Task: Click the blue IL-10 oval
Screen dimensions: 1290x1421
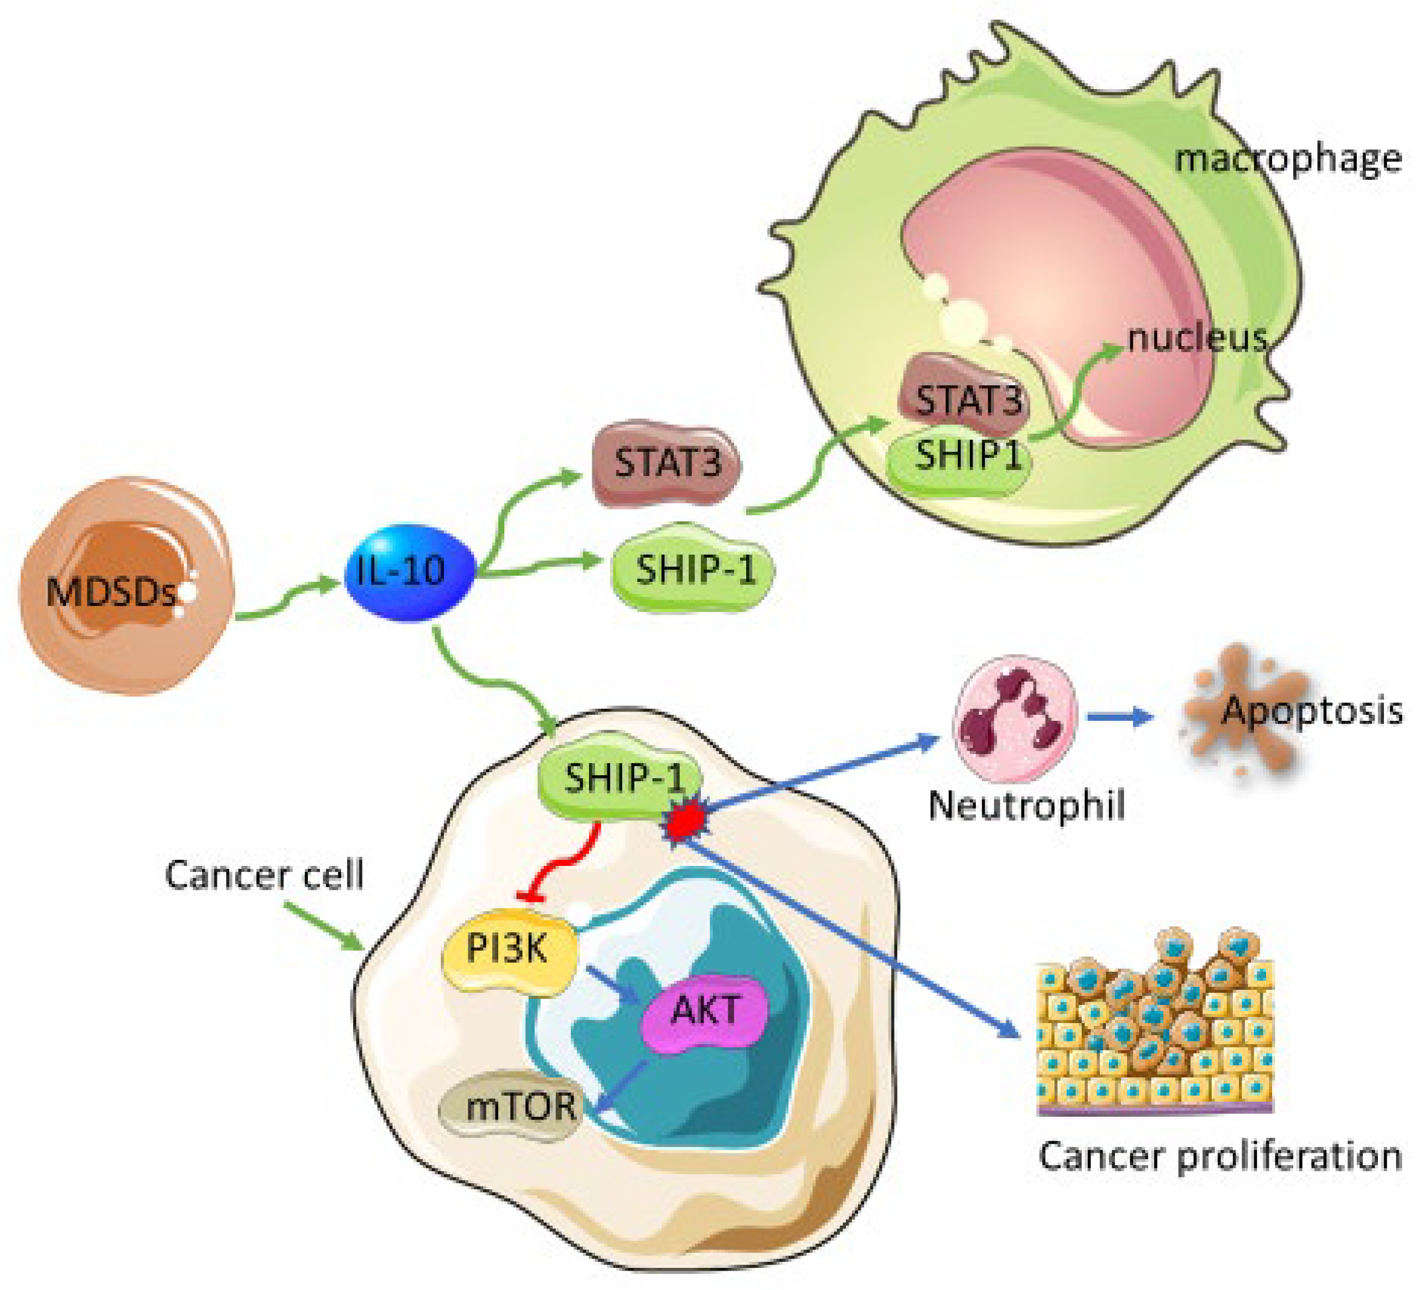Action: click(x=409, y=571)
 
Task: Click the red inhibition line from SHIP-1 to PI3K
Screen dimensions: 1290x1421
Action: click(x=564, y=864)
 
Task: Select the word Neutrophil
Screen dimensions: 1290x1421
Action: click(x=1026, y=804)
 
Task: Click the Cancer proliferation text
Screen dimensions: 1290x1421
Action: click(x=1220, y=1156)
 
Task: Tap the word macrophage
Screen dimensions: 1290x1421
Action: click(x=1287, y=158)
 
